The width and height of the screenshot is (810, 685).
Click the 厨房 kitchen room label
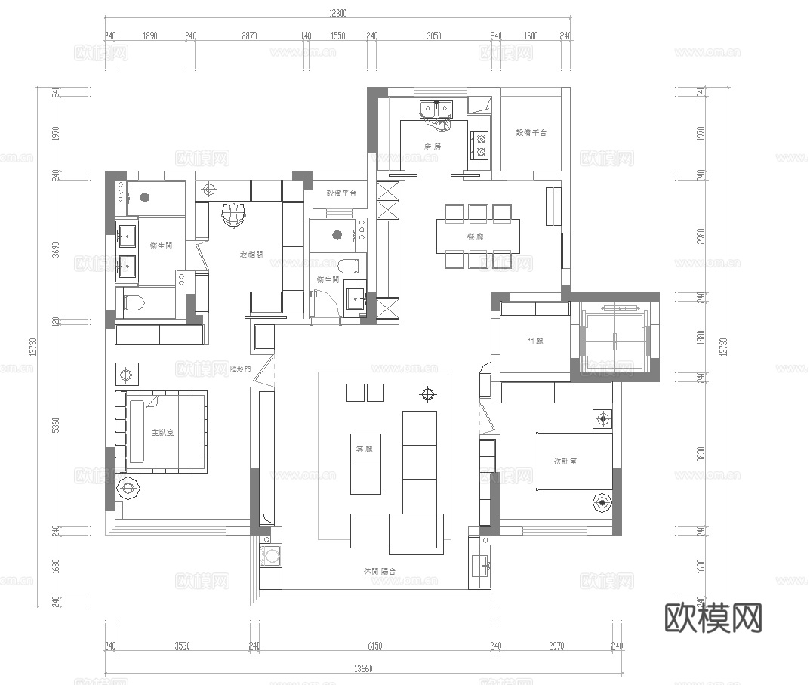pyautogui.click(x=432, y=147)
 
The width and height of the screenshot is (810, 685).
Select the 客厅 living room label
pyautogui.click(x=365, y=449)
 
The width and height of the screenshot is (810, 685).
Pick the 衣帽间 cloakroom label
pyautogui.click(x=251, y=255)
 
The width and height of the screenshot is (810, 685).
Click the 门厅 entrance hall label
pyautogui.click(x=534, y=341)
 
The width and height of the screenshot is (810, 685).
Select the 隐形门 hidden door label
pyautogui.click(x=240, y=369)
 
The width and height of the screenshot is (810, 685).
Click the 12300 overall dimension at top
pyautogui.click(x=338, y=13)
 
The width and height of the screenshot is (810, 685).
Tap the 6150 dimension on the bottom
pyautogui.click(x=374, y=646)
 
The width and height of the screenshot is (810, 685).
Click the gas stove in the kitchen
pyautogui.click(x=480, y=144)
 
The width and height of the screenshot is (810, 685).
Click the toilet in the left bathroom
pyautogui.click(x=134, y=305)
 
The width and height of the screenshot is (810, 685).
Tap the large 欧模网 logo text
pyautogui.click(x=713, y=618)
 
